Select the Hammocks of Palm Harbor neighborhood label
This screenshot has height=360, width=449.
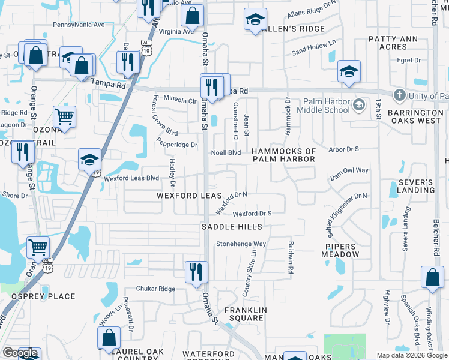pyautogui.click(x=283, y=155)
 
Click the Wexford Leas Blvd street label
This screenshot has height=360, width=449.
pyautogui.click(x=131, y=178)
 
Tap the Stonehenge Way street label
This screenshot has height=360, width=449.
pyautogui.click(x=241, y=244)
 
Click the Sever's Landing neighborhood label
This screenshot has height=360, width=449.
pyautogui.click(x=415, y=186)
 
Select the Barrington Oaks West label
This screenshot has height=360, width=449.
pyautogui.click(x=415, y=116)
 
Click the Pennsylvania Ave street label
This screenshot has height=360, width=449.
pyautogui.click(x=79, y=25)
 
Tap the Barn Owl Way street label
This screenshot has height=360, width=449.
pyautogui.click(x=349, y=170)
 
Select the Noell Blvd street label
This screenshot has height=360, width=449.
pyautogui.click(x=226, y=153)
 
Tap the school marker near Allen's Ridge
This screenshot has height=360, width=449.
pyautogui.click(x=255, y=19)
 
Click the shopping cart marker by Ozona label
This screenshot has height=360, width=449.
pyautogui.click(x=64, y=116)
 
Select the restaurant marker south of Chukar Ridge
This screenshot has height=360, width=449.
pyautogui.click(x=196, y=272)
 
